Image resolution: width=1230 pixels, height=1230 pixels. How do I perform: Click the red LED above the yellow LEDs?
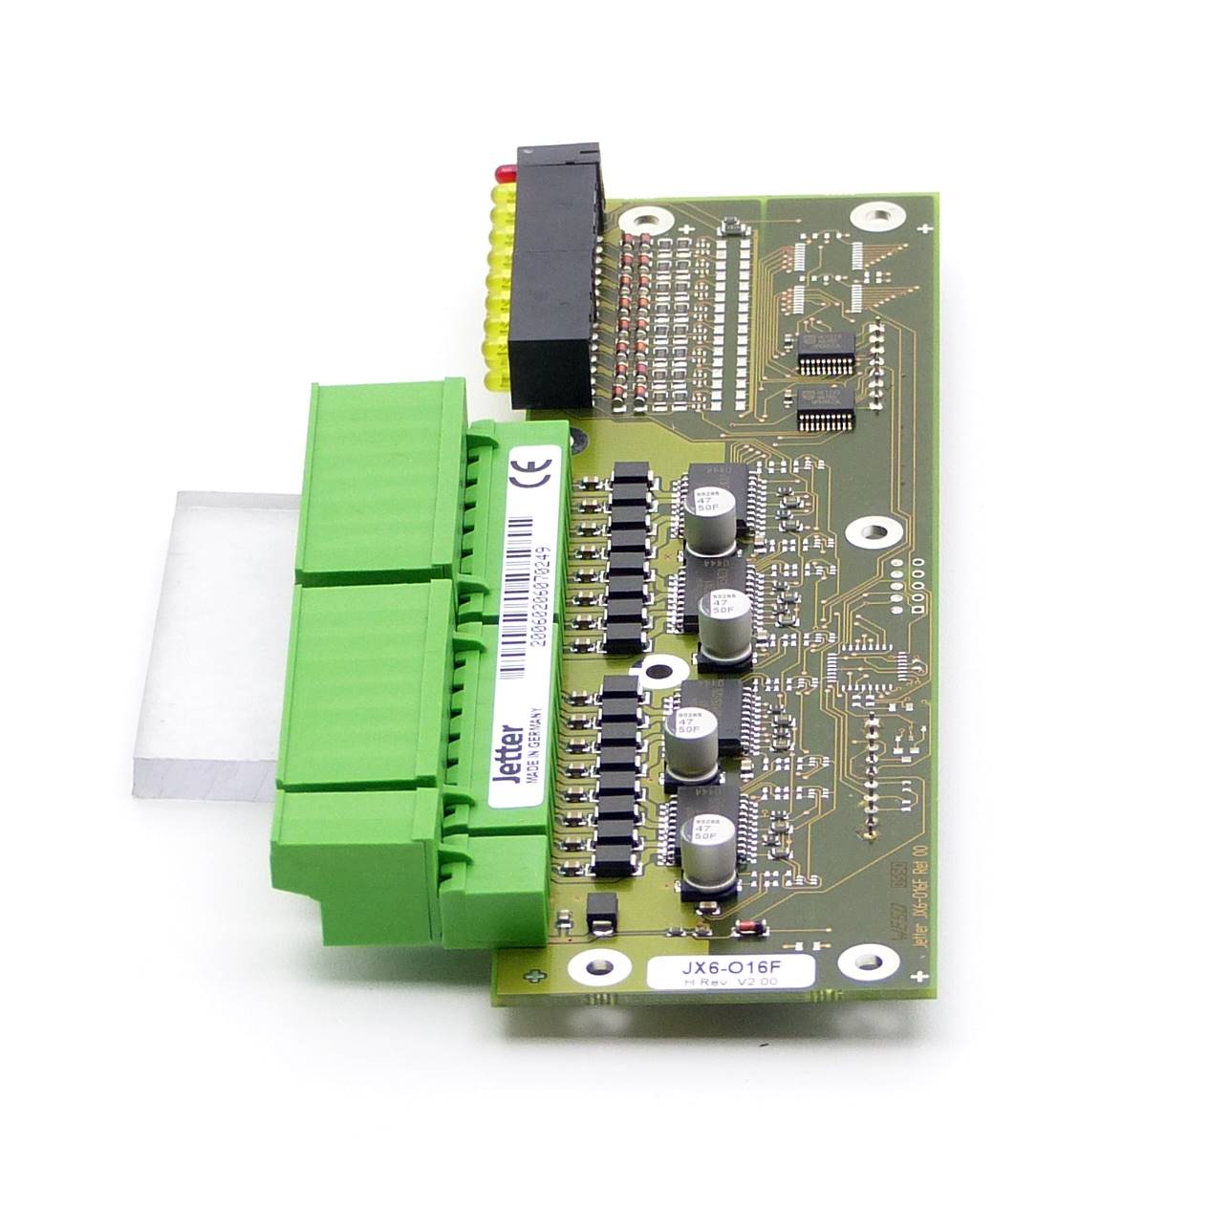(501, 174)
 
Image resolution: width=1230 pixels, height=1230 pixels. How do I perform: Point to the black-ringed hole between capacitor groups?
(656, 674)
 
